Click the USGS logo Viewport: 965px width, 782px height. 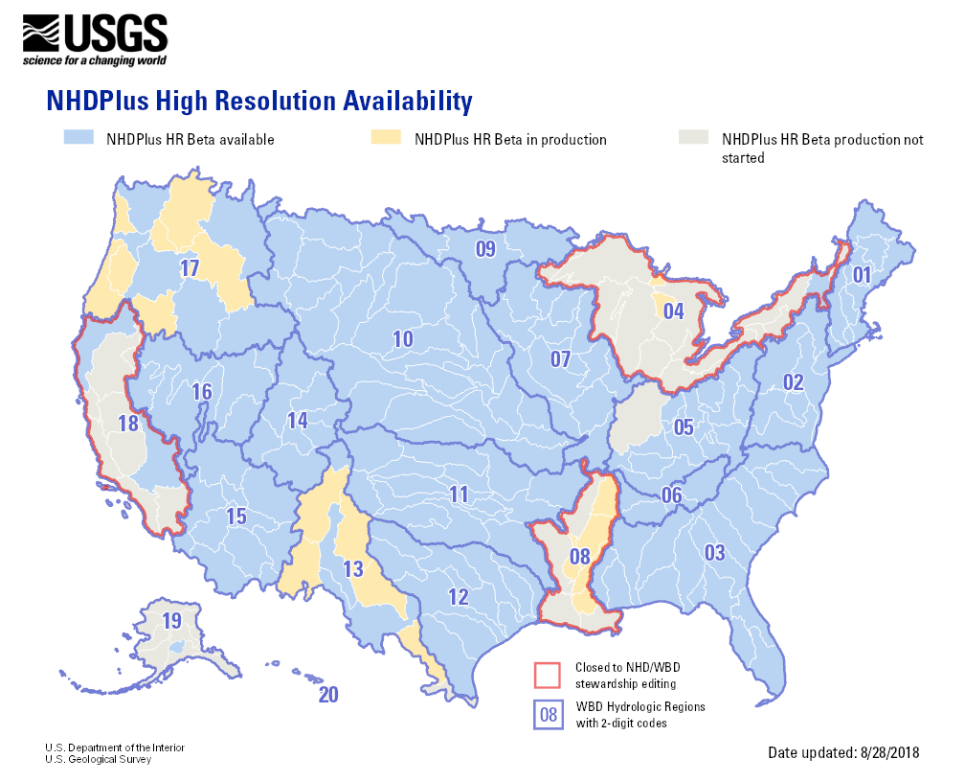[x=95, y=40]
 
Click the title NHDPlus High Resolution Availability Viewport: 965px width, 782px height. [x=259, y=101]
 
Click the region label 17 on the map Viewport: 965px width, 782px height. [x=189, y=269]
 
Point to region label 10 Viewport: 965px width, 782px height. [x=402, y=338]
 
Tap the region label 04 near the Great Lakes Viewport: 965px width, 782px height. [x=673, y=311]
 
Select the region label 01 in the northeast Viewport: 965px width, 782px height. [x=862, y=276]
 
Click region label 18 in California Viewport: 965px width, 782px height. [x=127, y=424]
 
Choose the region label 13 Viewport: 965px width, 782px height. [x=353, y=569]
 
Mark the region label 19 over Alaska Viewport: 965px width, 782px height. [x=170, y=621]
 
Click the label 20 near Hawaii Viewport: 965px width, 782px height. [x=327, y=696]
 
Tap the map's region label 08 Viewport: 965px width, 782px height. [x=579, y=557]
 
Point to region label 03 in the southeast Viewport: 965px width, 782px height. [x=714, y=552]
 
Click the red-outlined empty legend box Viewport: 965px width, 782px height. [x=547, y=675]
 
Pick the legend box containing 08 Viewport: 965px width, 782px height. [x=547, y=715]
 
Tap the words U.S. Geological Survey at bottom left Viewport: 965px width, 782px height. [x=98, y=759]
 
